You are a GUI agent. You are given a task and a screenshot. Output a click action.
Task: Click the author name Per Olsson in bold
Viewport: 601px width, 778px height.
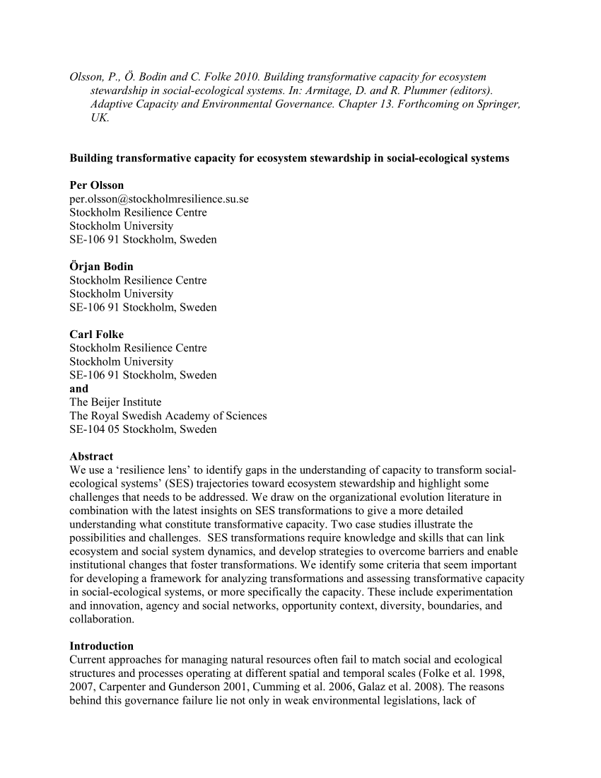[x=96, y=185]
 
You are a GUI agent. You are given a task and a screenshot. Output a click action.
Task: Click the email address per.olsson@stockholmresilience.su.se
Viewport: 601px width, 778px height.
[x=159, y=199]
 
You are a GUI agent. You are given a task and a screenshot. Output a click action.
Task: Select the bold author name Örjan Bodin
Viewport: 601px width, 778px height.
[x=101, y=267]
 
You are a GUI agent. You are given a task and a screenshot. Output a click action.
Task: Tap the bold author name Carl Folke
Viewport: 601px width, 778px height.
[x=96, y=334]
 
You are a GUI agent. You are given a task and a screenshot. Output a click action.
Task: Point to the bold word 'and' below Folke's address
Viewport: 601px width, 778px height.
[x=79, y=388]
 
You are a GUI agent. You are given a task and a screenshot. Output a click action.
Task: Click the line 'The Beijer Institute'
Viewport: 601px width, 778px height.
[x=115, y=402]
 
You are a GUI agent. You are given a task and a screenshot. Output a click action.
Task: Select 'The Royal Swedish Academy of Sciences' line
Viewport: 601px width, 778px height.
[x=168, y=416]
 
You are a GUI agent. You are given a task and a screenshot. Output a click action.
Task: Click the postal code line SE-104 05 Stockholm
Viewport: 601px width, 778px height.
[x=143, y=429]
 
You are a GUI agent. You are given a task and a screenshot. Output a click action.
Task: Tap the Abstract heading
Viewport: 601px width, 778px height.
[x=91, y=456]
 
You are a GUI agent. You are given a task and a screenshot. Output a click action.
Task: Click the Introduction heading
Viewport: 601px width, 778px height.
[x=101, y=646]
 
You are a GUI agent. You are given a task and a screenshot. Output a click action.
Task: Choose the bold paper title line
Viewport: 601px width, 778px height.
[x=289, y=158]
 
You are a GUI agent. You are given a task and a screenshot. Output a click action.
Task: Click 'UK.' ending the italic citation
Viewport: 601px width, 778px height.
[x=100, y=117]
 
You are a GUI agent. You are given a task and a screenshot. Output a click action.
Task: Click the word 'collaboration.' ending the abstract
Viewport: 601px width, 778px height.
[x=102, y=619]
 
